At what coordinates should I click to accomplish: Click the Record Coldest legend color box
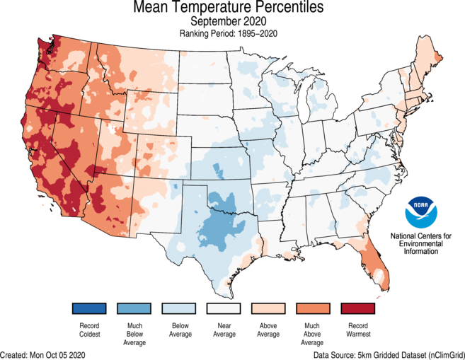pos(88,309)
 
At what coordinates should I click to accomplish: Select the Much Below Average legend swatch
pos(134,309)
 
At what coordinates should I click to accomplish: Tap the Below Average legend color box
pos(179,309)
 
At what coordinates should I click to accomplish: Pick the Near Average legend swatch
pos(224,309)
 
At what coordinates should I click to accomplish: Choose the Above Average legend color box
pos(270,309)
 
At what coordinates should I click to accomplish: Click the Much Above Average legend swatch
pos(315,309)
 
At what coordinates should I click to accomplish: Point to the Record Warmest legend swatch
pos(360,309)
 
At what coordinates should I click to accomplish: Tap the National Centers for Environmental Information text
pos(421,243)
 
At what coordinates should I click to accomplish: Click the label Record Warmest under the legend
pos(360,330)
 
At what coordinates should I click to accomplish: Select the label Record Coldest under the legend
pos(88,330)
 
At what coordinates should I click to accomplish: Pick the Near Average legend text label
pos(224,330)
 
